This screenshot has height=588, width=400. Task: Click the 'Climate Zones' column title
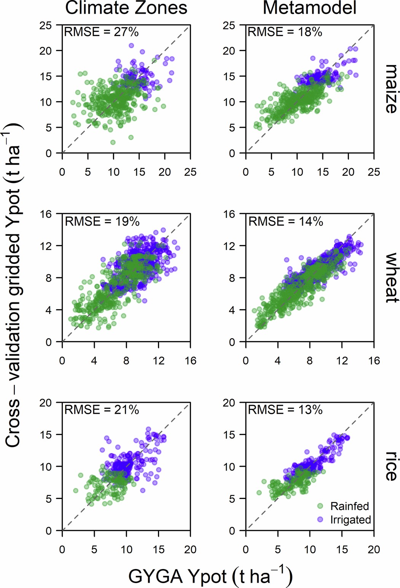pos(126,8)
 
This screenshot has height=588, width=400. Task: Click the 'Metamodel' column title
pos(309,8)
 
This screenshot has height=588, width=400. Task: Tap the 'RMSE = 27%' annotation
pos(101,32)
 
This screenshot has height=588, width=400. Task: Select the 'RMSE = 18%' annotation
pos(285,32)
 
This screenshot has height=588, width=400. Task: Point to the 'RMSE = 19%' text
pos(102,221)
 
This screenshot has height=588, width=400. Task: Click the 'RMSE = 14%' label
pos(285,221)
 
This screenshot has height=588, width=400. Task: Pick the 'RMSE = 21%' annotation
pos(102,410)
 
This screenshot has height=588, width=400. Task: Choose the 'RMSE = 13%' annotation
pos(285,410)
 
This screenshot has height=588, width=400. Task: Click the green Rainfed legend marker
pos(320,506)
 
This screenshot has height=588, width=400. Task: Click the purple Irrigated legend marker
pos(320,519)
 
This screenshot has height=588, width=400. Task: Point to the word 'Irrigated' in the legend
pos(350,520)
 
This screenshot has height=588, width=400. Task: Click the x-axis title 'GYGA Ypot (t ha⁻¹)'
pos(210,576)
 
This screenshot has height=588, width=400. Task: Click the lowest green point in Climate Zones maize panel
pos(113,142)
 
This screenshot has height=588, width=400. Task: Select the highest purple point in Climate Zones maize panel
pos(131,45)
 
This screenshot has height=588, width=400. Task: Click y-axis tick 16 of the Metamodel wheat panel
pos(229,214)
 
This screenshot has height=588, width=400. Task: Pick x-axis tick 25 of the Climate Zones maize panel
pos(190,172)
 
